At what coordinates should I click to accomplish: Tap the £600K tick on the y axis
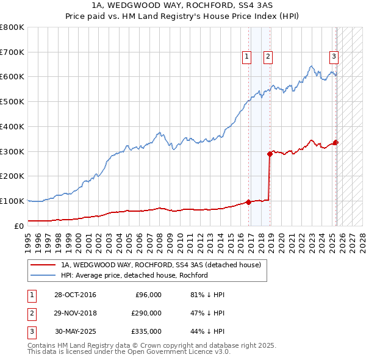pyautogui.click(x=12, y=77)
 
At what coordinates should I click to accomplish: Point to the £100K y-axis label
pyautogui.click(x=12, y=201)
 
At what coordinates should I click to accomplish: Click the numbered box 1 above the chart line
pyautogui.click(x=247, y=57)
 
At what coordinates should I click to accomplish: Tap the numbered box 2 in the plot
pyautogui.click(x=268, y=57)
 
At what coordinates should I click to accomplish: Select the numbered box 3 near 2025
pyautogui.click(x=334, y=57)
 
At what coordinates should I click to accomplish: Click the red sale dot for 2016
pyautogui.click(x=248, y=202)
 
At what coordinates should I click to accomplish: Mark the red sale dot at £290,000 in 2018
pyautogui.click(x=270, y=154)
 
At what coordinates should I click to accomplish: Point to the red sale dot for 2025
pyautogui.click(x=336, y=143)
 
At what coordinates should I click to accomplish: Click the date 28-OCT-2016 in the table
pyautogui.click(x=74, y=295)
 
